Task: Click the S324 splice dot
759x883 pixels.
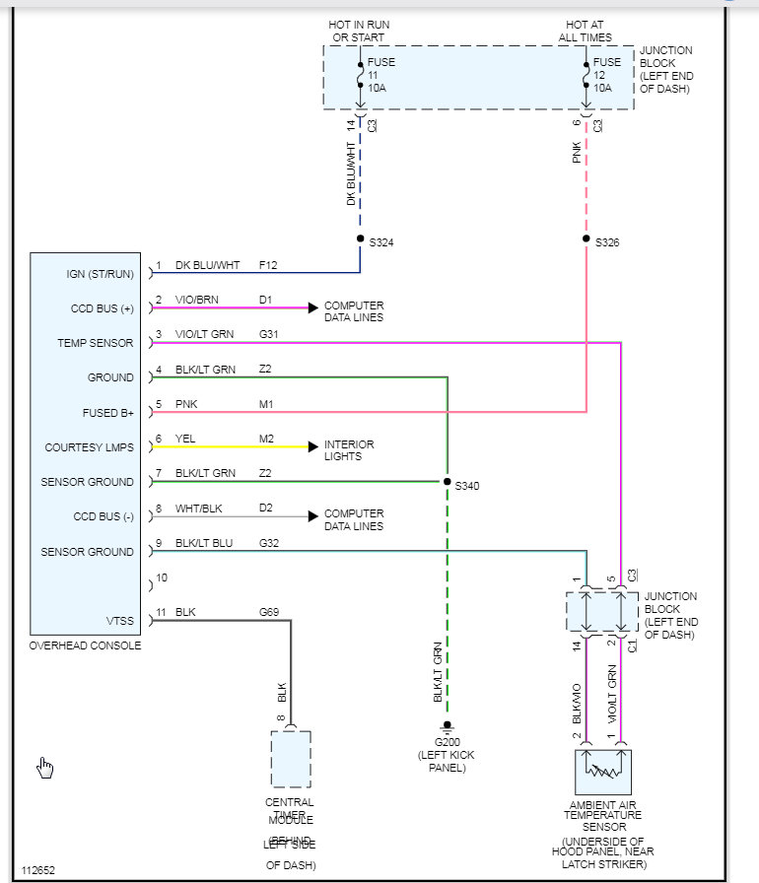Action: pos(360,239)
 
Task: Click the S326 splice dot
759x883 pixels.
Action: pos(586,239)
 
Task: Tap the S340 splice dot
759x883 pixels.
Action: pos(447,482)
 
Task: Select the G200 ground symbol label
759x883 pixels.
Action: pos(447,741)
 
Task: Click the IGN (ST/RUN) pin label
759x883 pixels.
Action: pos(100,274)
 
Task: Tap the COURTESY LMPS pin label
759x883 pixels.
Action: pos(89,447)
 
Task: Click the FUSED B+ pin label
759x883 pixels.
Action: pos(106,413)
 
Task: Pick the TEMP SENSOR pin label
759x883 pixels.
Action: pos(96,343)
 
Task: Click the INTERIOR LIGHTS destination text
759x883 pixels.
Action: pos(349,450)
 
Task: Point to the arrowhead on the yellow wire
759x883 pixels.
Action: pos(312,446)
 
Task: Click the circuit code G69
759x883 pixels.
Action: pos(269,613)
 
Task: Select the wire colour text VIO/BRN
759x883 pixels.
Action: pos(198,301)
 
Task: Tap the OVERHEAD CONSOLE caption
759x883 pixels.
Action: pos(86,646)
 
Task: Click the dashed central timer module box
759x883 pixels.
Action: pos(290,759)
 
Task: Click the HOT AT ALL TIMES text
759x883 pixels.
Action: pos(586,32)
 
